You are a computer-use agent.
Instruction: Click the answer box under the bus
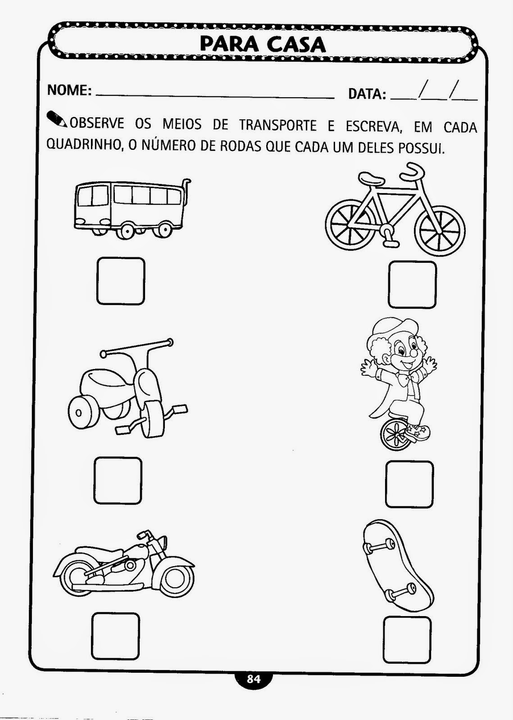(121, 281)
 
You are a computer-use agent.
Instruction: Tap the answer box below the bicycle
(412, 284)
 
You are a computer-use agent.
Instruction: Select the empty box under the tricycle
(118, 480)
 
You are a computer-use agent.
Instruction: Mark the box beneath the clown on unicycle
(409, 484)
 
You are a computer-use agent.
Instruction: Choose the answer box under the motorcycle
(116, 636)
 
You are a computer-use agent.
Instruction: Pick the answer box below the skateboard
(408, 639)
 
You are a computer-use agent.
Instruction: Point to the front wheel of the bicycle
(440, 230)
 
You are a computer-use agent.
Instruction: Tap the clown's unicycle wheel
(396, 434)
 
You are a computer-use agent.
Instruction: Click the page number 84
(254, 679)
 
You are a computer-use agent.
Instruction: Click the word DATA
(367, 94)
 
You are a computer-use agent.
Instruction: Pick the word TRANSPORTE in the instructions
(278, 125)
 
